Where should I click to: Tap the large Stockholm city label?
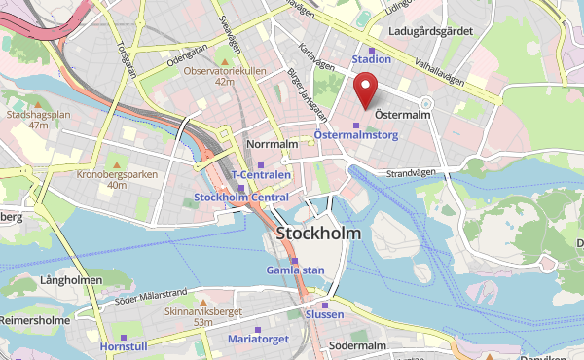tap(318, 234)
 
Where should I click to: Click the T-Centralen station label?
tap(260, 174)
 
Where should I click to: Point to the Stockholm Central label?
tap(241, 197)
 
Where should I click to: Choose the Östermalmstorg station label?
tap(355, 135)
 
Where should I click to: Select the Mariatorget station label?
tap(258, 340)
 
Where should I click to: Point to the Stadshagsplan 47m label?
tap(39, 119)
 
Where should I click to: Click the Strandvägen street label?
tap(408, 174)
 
